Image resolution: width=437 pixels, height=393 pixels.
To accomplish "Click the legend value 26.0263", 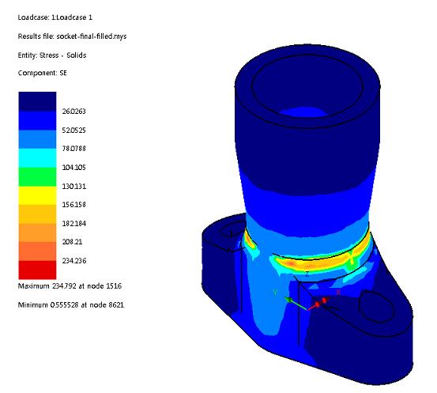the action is coord(73,111).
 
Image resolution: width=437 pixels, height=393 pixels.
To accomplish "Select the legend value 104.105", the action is coord(73,168).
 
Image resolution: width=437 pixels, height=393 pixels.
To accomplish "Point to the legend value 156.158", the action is coord(73,205).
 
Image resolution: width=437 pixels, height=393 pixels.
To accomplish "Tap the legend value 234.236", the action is coord(74,261).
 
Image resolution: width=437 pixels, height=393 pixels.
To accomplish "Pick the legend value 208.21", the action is coord(72,242).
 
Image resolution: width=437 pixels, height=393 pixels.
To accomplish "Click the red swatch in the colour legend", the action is coord(37,270).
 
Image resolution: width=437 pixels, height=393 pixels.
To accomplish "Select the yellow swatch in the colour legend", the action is coord(37,195).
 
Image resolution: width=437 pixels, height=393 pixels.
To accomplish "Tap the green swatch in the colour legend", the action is coord(37,177).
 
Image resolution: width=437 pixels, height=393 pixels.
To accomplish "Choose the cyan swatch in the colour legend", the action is coord(37,158).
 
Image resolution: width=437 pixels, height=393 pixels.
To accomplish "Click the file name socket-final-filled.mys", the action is coord(92,36).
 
